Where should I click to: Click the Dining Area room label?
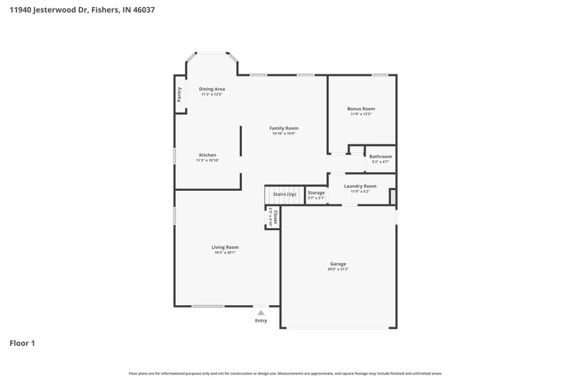212,89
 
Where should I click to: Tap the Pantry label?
179,94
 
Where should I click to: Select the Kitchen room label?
208,155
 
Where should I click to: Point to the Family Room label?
283,128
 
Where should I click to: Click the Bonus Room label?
361,109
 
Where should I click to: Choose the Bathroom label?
380,157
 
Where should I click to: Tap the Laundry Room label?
360,186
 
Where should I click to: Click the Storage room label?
316,193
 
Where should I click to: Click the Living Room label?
225,247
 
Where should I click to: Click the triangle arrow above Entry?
261,312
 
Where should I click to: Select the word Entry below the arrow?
261,320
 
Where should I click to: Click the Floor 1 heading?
22,343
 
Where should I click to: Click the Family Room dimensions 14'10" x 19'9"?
283,134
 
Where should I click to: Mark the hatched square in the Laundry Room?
393,197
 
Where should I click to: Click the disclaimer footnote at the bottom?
285,373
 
